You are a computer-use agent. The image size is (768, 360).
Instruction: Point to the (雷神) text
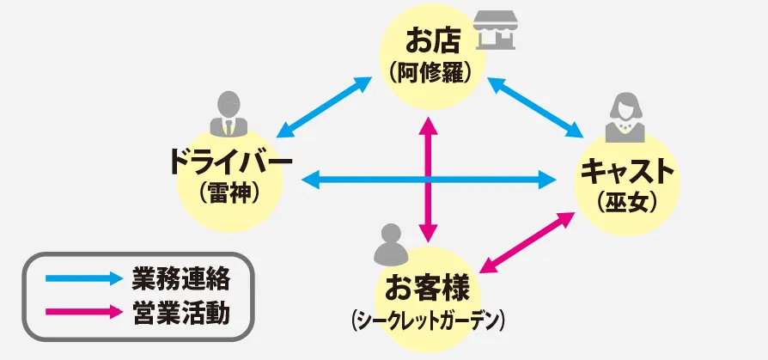(x=229, y=192)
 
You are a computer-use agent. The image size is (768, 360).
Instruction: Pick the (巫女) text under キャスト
(x=627, y=202)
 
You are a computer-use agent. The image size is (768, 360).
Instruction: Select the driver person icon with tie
(x=228, y=113)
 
